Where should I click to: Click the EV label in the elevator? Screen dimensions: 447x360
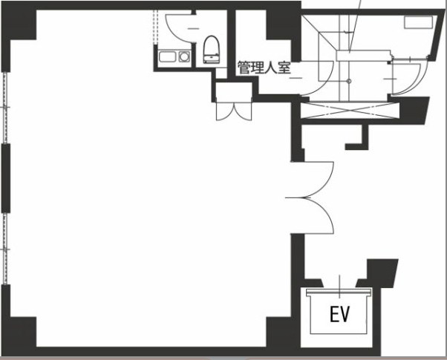340,314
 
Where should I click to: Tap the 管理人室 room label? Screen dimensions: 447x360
264,68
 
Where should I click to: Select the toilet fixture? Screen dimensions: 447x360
212,49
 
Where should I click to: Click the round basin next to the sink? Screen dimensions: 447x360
184,56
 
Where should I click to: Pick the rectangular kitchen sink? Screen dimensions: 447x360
167,56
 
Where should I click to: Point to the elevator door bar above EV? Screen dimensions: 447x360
339,292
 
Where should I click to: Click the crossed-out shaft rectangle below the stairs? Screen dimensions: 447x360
350,111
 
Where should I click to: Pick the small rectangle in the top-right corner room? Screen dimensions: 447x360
419,22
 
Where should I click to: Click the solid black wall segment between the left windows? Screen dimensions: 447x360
6,178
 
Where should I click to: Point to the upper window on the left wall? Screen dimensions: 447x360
5,108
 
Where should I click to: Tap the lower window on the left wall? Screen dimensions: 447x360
5,249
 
